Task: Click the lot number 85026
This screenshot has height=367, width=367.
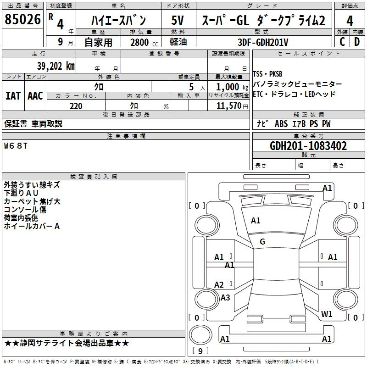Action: click(22, 19)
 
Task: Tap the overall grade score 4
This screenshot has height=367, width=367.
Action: click(350, 21)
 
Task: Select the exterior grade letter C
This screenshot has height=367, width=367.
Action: click(342, 42)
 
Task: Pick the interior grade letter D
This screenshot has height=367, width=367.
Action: click(357, 42)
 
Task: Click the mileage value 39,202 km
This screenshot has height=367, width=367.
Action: click(56, 66)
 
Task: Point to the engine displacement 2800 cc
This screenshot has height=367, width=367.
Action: click(144, 42)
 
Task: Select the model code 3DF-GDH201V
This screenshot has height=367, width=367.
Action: click(263, 42)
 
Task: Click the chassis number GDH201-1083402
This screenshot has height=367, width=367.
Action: click(308, 146)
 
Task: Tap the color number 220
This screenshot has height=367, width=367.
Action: click(76, 106)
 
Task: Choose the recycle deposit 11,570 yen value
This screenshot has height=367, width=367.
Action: click(232, 106)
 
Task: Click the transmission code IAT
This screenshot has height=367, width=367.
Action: click(13, 96)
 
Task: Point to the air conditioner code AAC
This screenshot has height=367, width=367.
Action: click(35, 96)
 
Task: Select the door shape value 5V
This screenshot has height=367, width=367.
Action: click(178, 20)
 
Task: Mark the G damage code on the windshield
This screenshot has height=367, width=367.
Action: click(262, 242)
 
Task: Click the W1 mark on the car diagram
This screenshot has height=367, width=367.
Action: click(327, 314)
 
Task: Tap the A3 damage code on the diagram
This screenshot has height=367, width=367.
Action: click(225, 297)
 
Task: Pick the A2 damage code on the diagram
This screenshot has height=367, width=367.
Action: click(219, 285)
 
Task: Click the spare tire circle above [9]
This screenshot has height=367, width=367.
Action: click(200, 335)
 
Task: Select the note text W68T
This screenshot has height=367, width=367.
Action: click(16, 146)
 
